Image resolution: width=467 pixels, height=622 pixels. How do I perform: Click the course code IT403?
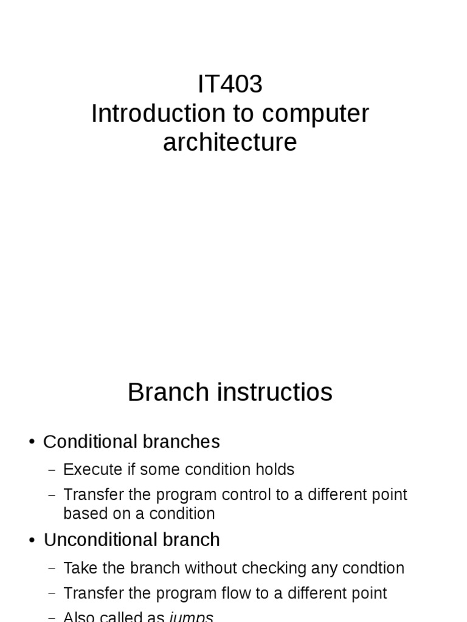click(230, 84)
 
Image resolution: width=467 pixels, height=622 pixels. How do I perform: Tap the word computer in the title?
click(316, 114)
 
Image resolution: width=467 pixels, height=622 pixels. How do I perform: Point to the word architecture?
click(230, 143)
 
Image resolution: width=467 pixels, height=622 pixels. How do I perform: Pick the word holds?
click(277, 470)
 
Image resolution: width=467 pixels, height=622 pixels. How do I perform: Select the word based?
click(80, 514)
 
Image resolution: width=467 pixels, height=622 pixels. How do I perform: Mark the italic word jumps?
click(191, 617)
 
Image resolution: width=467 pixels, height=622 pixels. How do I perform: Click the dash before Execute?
click(52, 470)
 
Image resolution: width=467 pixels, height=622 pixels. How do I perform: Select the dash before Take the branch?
click(52, 569)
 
